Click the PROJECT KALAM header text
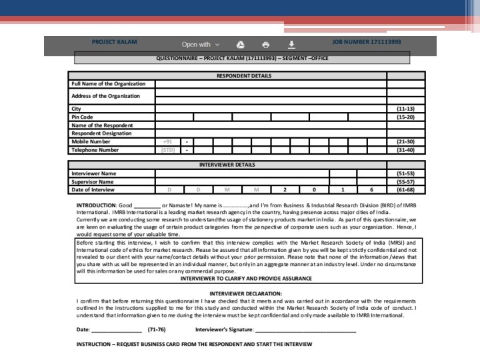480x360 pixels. coord(114,43)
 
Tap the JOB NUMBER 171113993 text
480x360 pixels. coord(367,43)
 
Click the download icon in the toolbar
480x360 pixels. coord(291,45)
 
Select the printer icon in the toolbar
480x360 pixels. coord(266,45)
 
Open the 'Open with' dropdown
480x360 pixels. coord(200,45)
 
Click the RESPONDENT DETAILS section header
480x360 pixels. coord(243,76)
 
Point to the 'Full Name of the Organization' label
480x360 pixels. coord(109,84)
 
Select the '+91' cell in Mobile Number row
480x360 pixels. coord(167,141)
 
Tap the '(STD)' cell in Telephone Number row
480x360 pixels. coord(167,150)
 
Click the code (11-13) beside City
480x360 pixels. coord(405,109)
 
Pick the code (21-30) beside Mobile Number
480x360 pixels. coord(405,141)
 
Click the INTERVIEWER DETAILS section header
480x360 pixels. coord(227,165)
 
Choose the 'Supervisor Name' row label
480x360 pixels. coord(93,181)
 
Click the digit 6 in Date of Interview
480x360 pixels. coord(371,189)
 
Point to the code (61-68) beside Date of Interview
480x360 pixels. coord(405,189)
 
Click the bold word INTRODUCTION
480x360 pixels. coord(96,205)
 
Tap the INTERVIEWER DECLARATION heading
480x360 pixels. coord(245,293)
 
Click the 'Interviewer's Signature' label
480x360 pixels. coord(224,329)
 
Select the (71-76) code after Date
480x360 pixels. coord(157,329)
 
